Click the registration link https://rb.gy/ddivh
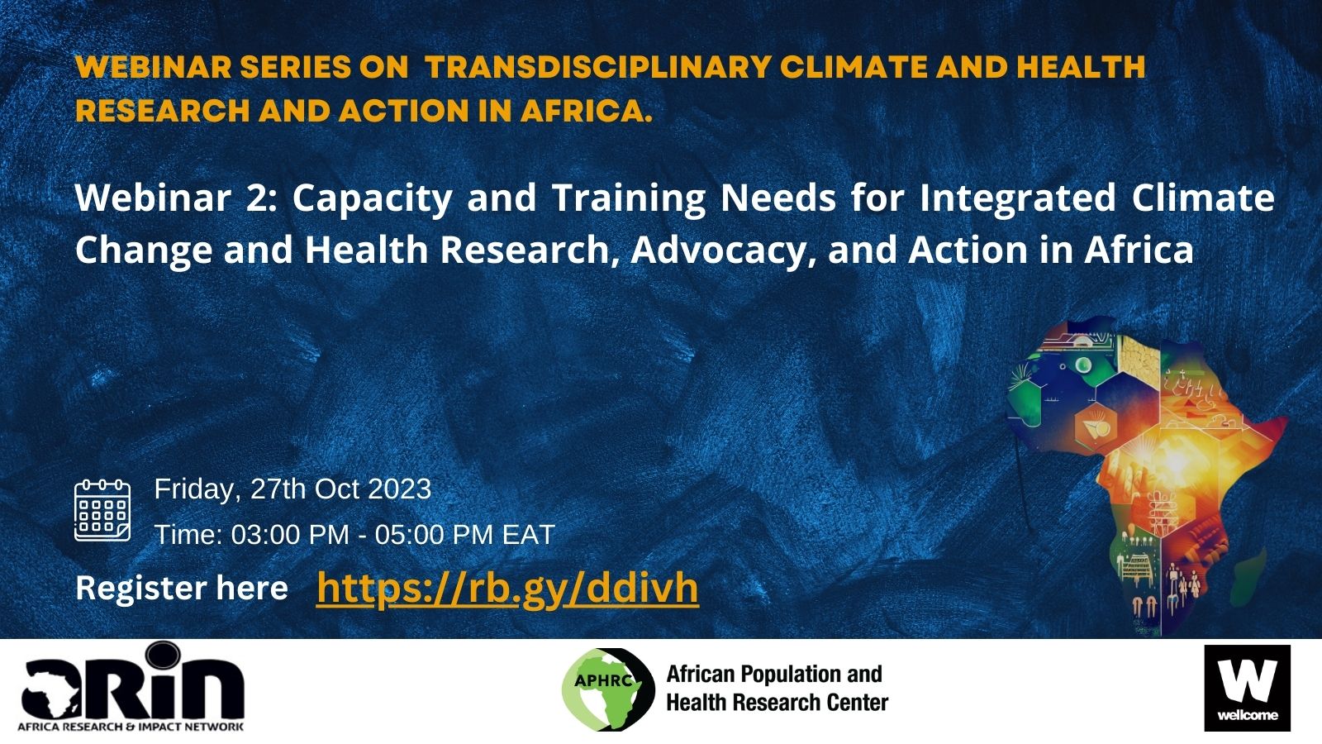[x=507, y=589]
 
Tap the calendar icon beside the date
[x=102, y=511]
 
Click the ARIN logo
[x=132, y=687]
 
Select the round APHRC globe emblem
[x=608, y=689]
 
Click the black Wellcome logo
[x=1248, y=688]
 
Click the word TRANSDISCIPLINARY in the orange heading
[x=598, y=67]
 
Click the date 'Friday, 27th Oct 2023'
[x=292, y=489]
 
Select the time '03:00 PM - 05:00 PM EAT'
[x=392, y=535]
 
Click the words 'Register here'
[x=182, y=589]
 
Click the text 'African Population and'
[x=774, y=674]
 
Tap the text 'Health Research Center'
[x=778, y=703]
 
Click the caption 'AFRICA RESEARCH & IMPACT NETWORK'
[x=131, y=727]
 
